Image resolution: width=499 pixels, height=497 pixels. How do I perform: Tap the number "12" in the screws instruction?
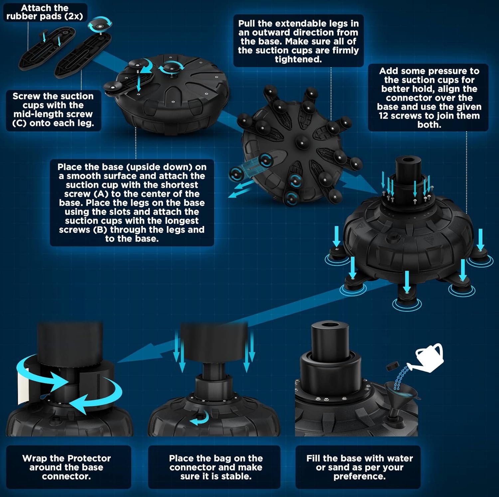384,116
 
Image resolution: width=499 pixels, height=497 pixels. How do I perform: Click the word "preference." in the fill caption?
360,476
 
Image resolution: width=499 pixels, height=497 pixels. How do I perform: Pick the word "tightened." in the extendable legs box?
298,59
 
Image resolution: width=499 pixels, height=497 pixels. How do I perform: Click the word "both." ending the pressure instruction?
429,125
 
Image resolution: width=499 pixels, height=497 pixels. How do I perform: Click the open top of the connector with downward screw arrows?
408,160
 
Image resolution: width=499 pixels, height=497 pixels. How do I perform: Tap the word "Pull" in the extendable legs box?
247,23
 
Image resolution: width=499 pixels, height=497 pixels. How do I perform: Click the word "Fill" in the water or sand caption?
313,458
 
